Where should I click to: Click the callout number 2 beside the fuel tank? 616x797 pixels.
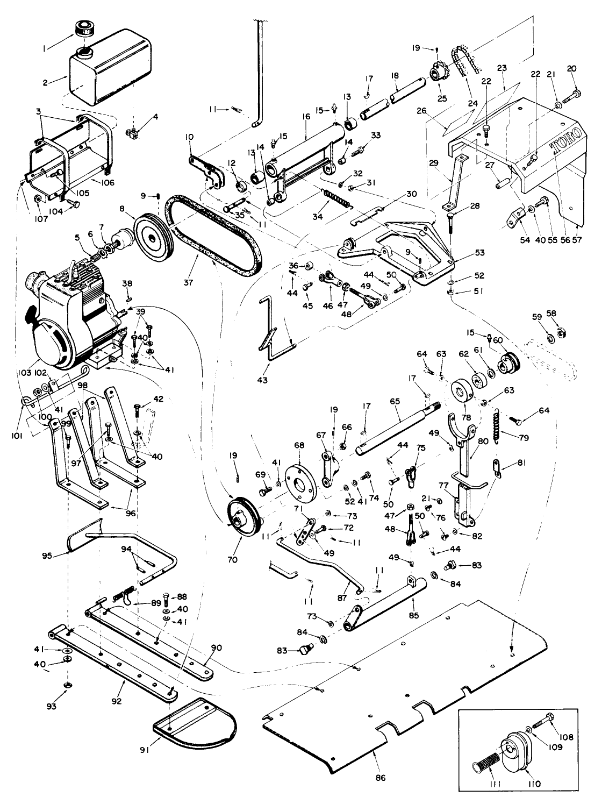click(47, 83)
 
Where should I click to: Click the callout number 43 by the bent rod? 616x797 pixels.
click(262, 380)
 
